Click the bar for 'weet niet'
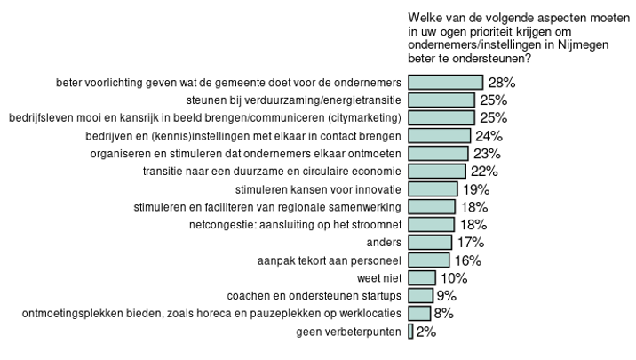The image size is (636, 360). (x=422, y=278)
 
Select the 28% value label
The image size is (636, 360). (x=499, y=82)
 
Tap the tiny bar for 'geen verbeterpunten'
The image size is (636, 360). (x=410, y=332)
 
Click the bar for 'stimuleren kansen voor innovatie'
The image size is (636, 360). (x=433, y=189)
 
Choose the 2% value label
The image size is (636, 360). (x=425, y=332)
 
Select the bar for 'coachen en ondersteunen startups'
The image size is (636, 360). (x=421, y=296)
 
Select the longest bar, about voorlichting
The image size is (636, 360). (x=445, y=82)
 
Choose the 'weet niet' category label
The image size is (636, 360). (x=380, y=278)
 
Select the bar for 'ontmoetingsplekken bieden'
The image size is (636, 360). (x=419, y=314)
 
